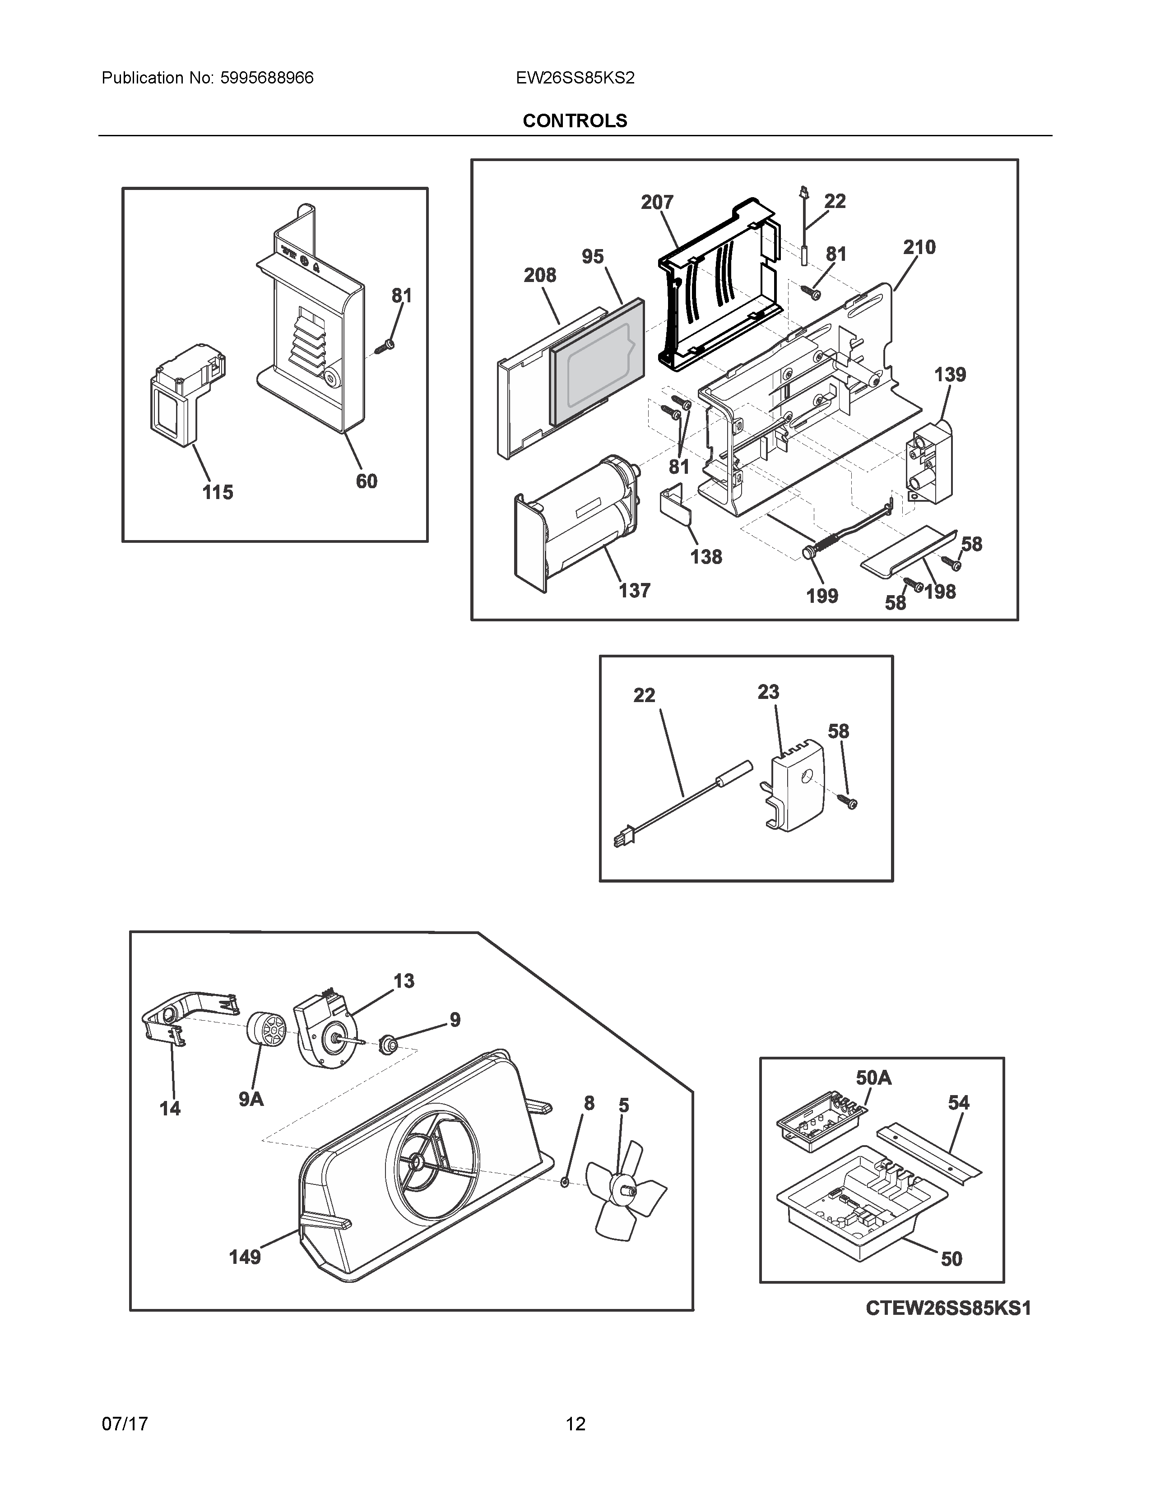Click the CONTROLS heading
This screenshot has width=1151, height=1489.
[574, 120]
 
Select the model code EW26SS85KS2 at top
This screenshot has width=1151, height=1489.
[575, 79]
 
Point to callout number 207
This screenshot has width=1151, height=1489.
[657, 203]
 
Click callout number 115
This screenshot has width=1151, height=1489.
[218, 492]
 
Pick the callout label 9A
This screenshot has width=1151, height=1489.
[251, 1099]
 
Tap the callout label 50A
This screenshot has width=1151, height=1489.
[873, 1078]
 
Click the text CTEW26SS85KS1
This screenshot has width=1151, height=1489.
[948, 1309]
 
